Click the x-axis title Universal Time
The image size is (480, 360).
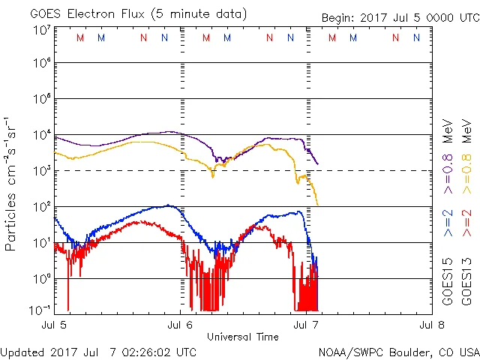pos(242,337)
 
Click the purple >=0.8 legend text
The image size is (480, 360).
pos(448,172)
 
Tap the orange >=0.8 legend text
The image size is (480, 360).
pos(466,172)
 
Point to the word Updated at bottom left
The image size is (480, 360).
pos(25,352)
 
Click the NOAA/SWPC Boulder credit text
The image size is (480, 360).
pos(398,352)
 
